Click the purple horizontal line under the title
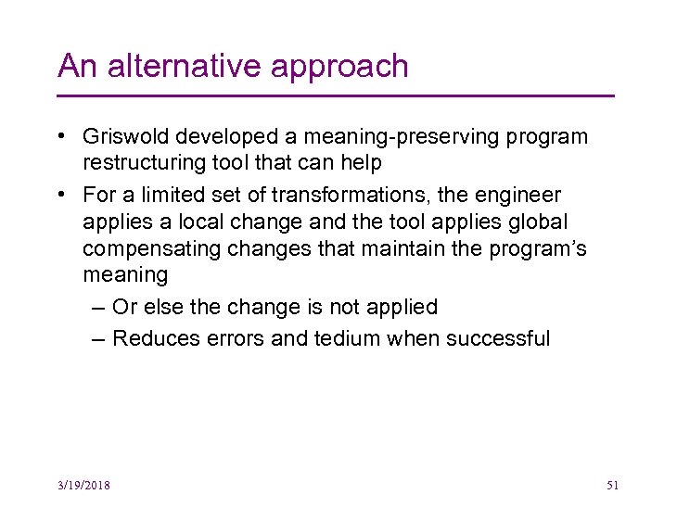(336, 95)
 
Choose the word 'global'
(562, 222)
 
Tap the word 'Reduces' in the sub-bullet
(152, 338)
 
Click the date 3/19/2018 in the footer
(83, 486)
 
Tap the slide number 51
(612, 486)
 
